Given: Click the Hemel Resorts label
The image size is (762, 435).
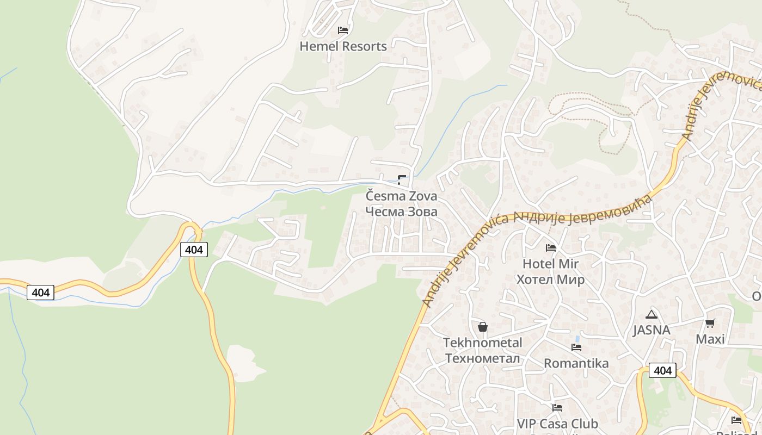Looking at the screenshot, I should tap(343, 46).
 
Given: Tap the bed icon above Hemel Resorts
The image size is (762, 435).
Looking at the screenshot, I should tap(343, 30).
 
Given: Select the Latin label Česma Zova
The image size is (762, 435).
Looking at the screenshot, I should tap(401, 196).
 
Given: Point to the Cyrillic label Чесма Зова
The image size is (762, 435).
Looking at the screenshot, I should tap(401, 212).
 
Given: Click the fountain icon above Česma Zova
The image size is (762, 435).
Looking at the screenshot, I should tap(402, 179).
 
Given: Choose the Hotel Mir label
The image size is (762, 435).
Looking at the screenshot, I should tap(550, 264).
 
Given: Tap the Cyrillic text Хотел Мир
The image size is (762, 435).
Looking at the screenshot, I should tap(550, 279).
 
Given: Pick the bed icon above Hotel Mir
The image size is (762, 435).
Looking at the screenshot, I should tap(551, 248).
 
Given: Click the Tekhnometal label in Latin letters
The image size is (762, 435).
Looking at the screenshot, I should tap(482, 343).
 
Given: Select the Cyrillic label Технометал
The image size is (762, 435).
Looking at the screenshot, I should tap(482, 358).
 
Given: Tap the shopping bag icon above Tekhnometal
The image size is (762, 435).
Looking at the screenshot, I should tap(482, 327).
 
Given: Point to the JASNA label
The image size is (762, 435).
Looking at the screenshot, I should tap(651, 330).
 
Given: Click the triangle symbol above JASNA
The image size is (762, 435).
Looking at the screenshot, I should tap(651, 314).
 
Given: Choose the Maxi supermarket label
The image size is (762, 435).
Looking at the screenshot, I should tap(710, 339).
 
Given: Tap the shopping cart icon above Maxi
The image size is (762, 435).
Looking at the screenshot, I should tap(710, 324).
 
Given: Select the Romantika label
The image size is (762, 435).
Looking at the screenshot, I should tap(576, 363).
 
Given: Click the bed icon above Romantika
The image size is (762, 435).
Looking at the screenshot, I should tap(576, 347).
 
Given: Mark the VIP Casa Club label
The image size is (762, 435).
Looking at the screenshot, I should tap(557, 424).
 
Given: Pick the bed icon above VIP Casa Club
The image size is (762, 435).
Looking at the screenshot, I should tap(557, 407).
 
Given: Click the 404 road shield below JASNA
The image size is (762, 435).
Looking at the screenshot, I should tap(662, 370).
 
